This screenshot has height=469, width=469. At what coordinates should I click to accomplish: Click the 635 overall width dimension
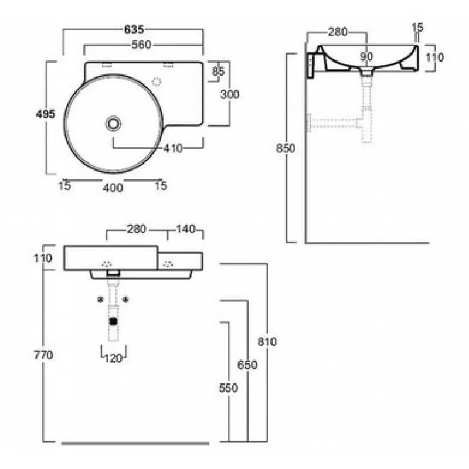pyautogui.click(x=134, y=30)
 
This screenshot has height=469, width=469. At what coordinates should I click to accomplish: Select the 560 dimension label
pyautogui.click(x=141, y=45)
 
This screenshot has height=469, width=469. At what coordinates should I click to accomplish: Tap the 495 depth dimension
pyautogui.click(x=46, y=114)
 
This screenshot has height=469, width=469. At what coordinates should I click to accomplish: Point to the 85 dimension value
pyautogui.click(x=218, y=72)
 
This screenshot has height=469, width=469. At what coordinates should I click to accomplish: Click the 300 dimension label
pyautogui.click(x=230, y=95)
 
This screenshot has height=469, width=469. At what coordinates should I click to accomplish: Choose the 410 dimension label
pyautogui.click(x=173, y=148)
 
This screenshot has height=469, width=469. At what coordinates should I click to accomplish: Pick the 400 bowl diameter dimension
pyautogui.click(x=113, y=188)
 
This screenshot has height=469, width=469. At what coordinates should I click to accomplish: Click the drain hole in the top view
pyautogui.click(x=113, y=123)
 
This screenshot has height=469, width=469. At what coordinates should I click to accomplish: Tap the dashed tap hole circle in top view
pyautogui.click(x=157, y=81)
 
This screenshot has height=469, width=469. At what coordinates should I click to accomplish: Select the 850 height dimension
pyautogui.click(x=286, y=148)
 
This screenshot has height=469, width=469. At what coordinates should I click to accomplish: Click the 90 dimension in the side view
pyautogui.click(x=366, y=56)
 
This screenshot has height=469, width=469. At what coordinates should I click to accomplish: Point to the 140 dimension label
pyautogui.click(x=185, y=229)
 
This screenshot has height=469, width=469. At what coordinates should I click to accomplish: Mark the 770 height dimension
pyautogui.click(x=43, y=355)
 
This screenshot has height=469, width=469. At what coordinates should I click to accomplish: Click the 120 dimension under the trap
pyautogui.click(x=113, y=358)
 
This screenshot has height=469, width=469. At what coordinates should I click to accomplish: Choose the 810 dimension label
pyautogui.click(x=267, y=342)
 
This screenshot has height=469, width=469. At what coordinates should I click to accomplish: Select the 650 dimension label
pyautogui.click(x=247, y=365)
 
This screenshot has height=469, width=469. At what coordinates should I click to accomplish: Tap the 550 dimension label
pyautogui.click(x=229, y=388)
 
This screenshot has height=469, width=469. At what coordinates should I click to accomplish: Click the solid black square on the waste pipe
pyautogui.click(x=113, y=321)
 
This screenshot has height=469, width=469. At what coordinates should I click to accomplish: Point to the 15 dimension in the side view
pyautogui.click(x=417, y=28)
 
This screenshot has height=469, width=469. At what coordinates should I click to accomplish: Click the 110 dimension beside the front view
pyautogui.click(x=42, y=258)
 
